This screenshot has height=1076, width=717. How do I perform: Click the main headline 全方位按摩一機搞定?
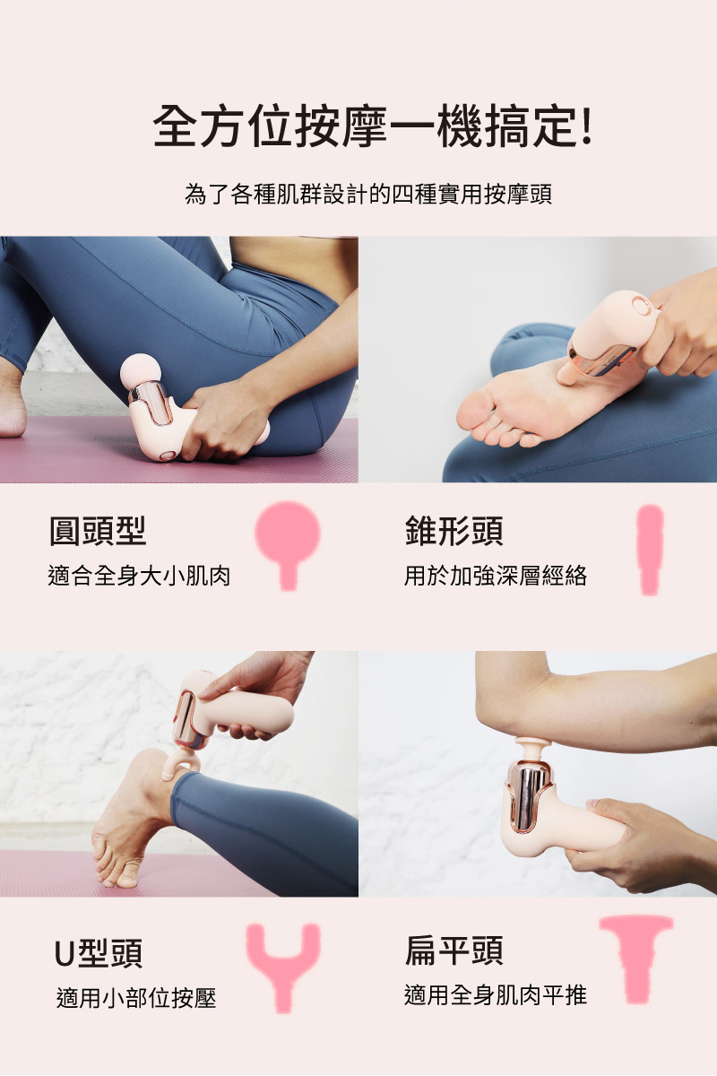(372, 126)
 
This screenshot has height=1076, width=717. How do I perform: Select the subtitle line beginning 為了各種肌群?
(368, 194)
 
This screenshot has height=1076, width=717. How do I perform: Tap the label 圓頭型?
(98, 531)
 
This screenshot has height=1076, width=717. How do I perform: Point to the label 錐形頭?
(454, 531)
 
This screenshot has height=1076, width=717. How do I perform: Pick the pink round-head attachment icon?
(288, 545)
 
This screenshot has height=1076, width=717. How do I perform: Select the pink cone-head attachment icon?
(650, 550)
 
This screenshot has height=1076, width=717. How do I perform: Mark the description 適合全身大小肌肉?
(139, 576)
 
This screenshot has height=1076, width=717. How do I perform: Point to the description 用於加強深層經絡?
(496, 576)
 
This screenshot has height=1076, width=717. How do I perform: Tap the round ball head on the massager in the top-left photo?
(139, 371)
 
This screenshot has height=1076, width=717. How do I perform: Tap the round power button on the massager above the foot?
(641, 306)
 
